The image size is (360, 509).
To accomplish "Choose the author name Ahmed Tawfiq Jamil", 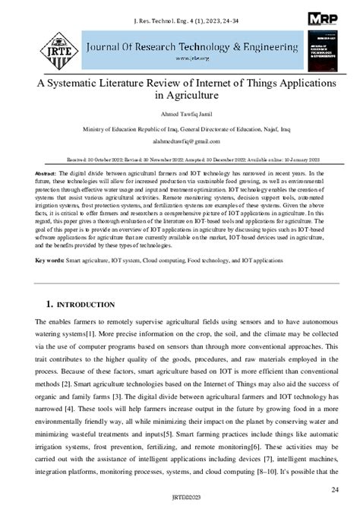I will pos(179,115).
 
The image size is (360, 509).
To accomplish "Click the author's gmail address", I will pos(179,141).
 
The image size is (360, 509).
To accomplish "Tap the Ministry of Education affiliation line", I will pos(179,129).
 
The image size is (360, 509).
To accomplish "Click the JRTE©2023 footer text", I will pos(179,501).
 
